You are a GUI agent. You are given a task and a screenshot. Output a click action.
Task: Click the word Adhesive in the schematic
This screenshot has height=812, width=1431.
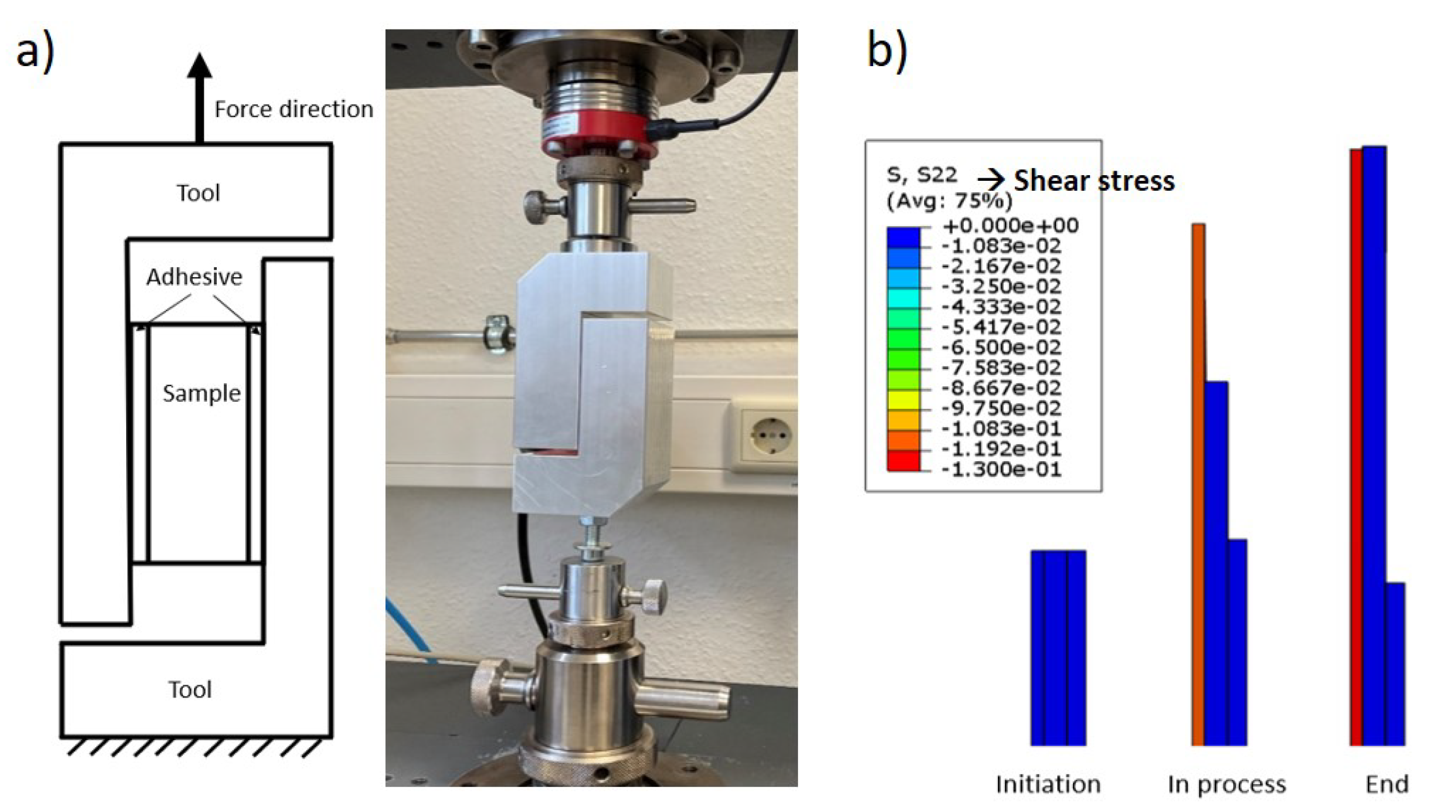click(194, 277)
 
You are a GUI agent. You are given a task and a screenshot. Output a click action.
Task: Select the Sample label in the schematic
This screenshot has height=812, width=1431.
click(201, 393)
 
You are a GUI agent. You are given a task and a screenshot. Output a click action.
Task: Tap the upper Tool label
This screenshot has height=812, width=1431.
click(198, 193)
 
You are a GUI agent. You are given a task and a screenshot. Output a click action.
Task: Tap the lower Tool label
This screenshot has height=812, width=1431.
click(190, 689)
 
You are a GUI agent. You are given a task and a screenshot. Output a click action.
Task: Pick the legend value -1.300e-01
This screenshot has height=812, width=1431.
click(1001, 469)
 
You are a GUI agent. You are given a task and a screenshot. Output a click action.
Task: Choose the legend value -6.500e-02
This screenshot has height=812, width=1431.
click(1001, 347)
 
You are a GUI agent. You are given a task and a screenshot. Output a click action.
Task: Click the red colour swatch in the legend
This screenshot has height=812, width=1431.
click(903, 463)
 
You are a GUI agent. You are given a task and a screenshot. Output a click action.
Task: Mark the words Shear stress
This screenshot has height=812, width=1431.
click(1094, 181)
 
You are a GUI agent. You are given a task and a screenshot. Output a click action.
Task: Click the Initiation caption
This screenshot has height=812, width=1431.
click(1048, 784)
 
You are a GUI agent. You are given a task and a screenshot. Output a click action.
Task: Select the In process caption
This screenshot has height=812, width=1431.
click(1226, 784)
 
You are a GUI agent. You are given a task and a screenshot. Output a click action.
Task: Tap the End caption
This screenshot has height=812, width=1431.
click(1386, 784)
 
